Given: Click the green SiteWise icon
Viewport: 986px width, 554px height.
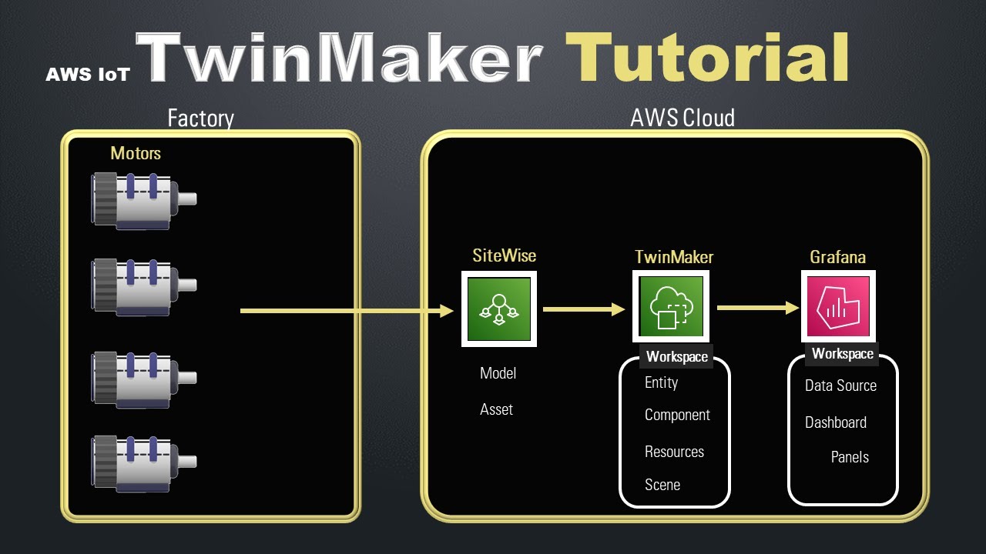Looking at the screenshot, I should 499,309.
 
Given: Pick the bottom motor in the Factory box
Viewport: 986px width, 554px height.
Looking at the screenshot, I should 143,462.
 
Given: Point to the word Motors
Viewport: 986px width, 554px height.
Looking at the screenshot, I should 136,153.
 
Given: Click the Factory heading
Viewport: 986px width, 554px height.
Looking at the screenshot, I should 200,118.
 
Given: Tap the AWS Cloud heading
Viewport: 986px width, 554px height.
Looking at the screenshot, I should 682,118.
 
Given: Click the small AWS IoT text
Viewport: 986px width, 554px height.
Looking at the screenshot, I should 88,75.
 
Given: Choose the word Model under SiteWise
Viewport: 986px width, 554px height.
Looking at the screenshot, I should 498,373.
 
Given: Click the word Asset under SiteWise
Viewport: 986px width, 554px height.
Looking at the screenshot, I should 496,409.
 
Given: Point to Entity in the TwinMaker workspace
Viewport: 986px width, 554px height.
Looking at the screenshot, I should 661,382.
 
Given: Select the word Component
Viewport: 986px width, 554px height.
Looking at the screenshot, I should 677,415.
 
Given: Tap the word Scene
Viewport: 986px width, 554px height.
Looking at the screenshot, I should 662,485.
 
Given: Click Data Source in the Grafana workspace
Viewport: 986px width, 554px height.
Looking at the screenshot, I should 840,385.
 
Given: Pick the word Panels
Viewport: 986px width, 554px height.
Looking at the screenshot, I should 850,457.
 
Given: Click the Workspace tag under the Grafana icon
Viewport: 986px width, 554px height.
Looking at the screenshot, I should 843,354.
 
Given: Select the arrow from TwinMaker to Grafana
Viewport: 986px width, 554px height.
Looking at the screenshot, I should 757,308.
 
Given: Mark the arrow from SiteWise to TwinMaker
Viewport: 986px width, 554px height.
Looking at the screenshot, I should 583,309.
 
